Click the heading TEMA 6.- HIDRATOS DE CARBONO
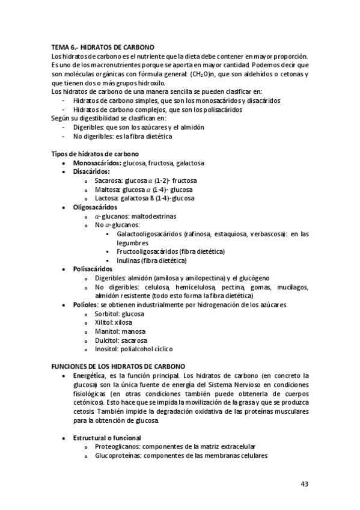103,46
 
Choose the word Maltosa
107,189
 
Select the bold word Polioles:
87,304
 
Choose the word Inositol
106,348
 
